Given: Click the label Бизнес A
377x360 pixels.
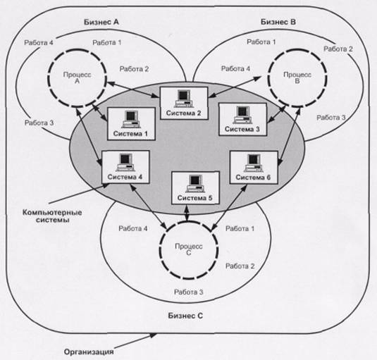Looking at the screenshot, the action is [x=101, y=22].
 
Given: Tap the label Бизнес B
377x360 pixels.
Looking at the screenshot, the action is [x=278, y=22].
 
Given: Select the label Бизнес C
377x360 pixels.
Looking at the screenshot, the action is [x=185, y=316].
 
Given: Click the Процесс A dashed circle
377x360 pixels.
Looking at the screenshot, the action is [x=49, y=78].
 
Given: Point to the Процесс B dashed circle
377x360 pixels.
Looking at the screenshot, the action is [x=268, y=78].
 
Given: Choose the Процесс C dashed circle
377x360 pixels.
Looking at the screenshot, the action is [x=160, y=250].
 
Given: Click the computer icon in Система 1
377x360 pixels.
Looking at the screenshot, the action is [x=131, y=120].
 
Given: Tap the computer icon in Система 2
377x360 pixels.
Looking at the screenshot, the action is [x=184, y=99].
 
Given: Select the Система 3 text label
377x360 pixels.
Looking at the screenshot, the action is [x=242, y=129].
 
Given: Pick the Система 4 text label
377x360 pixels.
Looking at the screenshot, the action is [x=125, y=177].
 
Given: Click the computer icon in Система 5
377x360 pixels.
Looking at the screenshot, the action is [x=195, y=183].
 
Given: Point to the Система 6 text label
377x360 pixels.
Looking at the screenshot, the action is [x=253, y=178].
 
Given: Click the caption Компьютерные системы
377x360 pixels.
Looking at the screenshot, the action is [x=52, y=216].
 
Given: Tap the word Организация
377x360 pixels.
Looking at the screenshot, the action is [x=89, y=352].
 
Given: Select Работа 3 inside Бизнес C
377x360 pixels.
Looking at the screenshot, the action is [x=189, y=292].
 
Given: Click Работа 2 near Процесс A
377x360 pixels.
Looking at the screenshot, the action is [x=134, y=69].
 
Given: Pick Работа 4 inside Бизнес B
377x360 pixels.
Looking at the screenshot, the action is [x=235, y=69].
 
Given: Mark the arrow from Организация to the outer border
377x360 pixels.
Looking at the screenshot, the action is [x=135, y=341].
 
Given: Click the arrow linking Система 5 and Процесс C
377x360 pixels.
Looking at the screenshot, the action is [x=187, y=213].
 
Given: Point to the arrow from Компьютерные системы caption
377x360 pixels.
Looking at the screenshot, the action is [x=79, y=194].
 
